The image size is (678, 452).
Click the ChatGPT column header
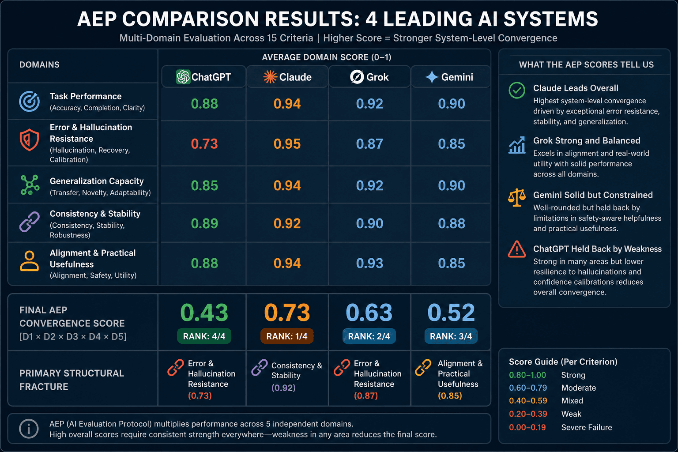(203, 77)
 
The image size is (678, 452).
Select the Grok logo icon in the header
(357, 77)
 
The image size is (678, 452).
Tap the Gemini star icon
(431, 77)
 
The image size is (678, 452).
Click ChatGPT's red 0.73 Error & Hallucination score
(204, 144)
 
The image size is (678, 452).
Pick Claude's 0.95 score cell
(287, 144)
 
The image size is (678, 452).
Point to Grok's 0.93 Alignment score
(369, 264)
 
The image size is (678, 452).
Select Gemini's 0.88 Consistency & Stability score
(452, 224)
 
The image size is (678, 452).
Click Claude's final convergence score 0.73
(287, 313)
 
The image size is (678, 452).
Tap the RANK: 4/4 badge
(204, 336)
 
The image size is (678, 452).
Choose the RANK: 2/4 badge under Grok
(369, 336)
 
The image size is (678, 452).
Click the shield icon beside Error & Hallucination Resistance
(29, 140)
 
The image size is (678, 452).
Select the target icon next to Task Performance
(29, 102)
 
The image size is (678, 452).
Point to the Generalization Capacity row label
(97, 181)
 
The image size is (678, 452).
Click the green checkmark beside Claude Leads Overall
(517, 90)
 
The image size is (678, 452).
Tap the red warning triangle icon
(517, 249)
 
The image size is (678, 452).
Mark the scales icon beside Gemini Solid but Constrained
(517, 197)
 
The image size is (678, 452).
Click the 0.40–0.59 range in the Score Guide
(528, 401)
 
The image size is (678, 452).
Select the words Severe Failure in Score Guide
(587, 427)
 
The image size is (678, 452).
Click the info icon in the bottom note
(29, 429)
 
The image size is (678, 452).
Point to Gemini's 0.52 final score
(451, 313)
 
